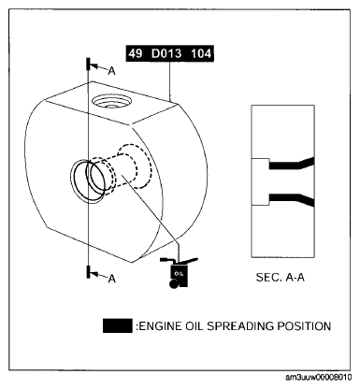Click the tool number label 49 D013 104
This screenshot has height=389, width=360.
170,53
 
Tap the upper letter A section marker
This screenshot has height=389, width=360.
112,71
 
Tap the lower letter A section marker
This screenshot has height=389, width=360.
112,279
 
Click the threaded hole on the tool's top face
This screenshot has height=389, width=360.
111,101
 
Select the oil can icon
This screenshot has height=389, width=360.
179,272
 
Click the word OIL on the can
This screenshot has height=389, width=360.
179,274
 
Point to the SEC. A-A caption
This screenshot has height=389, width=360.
280,277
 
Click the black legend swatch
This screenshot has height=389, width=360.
117,326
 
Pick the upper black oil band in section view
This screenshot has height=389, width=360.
292,164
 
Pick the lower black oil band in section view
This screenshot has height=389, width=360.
292,199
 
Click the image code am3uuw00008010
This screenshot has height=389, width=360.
318,377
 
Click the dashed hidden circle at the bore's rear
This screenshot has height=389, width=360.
135,166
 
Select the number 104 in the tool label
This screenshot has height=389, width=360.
201,53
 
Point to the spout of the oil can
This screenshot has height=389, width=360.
190,261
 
